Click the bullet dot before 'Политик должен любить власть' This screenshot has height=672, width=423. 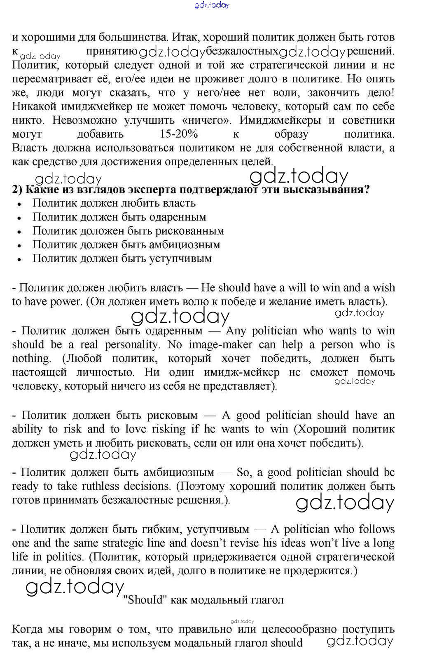[x=19, y=204]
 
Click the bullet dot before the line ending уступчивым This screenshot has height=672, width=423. [x=19, y=259]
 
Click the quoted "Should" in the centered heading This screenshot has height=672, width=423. [x=143, y=599]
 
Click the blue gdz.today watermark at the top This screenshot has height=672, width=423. [x=211, y=5]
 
